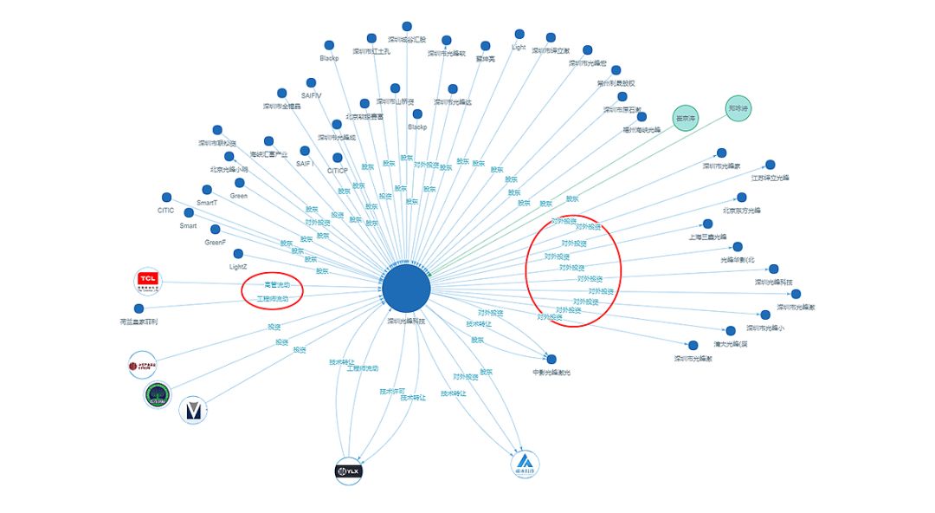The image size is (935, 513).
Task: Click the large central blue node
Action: (x=407, y=289)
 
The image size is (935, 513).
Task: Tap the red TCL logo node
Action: (x=148, y=280)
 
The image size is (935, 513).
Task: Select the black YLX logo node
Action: (x=348, y=471)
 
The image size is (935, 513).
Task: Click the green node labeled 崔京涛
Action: (x=686, y=118)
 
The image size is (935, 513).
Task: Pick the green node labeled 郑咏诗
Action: (x=738, y=108)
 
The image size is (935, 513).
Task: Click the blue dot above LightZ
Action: (x=238, y=254)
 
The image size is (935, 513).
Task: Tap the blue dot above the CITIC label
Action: (x=166, y=198)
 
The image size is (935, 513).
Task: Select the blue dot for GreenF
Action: (x=216, y=230)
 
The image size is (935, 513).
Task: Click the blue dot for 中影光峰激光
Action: (x=551, y=359)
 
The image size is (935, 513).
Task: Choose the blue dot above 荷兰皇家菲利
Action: (x=139, y=308)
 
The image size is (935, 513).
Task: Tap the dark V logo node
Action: (x=193, y=410)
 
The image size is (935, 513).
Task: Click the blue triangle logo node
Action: (x=525, y=464)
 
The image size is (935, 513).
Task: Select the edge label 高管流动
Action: (x=277, y=284)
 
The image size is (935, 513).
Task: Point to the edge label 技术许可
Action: (x=392, y=391)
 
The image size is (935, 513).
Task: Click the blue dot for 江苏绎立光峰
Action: (x=770, y=165)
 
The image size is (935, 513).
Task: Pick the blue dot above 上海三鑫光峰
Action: (x=707, y=224)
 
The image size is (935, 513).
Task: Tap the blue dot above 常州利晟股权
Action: (x=616, y=70)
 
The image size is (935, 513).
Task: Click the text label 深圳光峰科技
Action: (x=407, y=321)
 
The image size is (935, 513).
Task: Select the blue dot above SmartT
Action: (x=207, y=190)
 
